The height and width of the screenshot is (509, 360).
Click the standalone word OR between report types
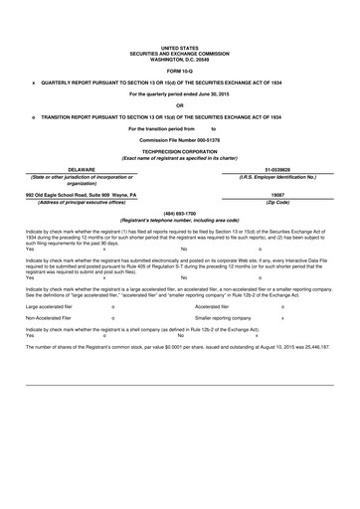point(180,105)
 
